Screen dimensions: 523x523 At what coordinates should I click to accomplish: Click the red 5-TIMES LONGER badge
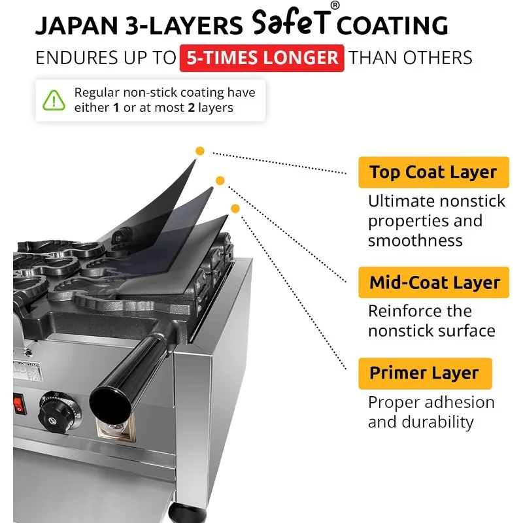[261, 57]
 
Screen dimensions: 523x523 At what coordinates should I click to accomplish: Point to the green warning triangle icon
[53, 99]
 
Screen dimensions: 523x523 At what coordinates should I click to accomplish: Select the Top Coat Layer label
[433, 173]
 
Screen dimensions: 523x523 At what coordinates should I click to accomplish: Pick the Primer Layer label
[424, 373]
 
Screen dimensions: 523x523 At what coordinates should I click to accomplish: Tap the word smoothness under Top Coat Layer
[415, 241]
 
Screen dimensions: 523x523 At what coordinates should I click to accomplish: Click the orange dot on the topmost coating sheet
[200, 151]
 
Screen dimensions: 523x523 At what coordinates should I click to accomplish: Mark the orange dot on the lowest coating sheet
[235, 209]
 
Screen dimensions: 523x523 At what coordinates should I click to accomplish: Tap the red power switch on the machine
[18, 403]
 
